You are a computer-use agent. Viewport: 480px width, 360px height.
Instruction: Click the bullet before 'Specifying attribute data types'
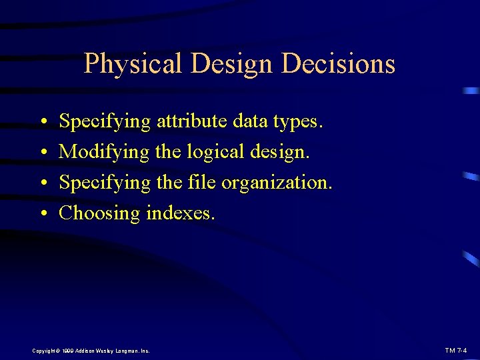tap(42, 122)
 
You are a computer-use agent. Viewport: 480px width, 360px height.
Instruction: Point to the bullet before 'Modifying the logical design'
tap(42, 153)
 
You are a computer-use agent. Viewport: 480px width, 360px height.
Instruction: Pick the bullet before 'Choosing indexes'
tap(42, 214)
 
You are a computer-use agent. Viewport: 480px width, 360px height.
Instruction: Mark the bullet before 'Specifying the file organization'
tap(42, 183)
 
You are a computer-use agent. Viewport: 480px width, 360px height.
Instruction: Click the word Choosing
tap(99, 213)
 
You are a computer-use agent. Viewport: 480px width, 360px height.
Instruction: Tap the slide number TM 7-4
tap(455, 350)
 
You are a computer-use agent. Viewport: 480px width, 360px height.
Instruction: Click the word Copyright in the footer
tap(45, 350)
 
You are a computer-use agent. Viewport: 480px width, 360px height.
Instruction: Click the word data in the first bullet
tap(248, 121)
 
